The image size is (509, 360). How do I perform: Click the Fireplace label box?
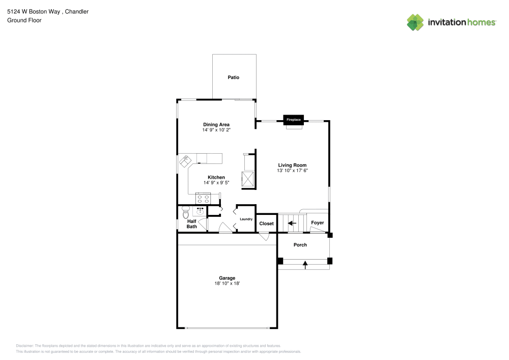pos(294,120)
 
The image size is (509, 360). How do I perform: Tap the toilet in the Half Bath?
pos(186,212)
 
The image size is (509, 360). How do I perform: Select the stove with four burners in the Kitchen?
pos(203,199)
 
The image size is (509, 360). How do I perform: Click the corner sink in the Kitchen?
pos(185,161)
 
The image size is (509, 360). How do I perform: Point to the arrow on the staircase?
pos(292,223)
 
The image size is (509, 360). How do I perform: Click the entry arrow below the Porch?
pos(305,265)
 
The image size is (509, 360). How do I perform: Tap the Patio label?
pos(234,77)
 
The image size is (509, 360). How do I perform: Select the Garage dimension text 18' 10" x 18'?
pos(227,284)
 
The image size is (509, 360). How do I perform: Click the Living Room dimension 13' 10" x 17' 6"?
pos(292,171)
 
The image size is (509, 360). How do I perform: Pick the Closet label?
pos(267,224)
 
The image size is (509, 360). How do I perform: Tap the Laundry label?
pos(246,219)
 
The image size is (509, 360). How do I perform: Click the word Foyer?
pos(318,223)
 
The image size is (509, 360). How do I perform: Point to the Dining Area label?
pos(216,124)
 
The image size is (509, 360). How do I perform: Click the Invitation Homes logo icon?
pos(415,22)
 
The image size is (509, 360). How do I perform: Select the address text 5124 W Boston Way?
pos(34,12)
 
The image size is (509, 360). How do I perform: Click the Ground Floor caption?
pos(24,20)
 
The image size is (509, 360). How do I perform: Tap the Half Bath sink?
pos(200,211)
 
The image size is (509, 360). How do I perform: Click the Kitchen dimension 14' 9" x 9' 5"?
pos(216,183)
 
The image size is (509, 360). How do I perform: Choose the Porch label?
pos(300,245)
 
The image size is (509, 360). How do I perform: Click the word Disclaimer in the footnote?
pos(24,346)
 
